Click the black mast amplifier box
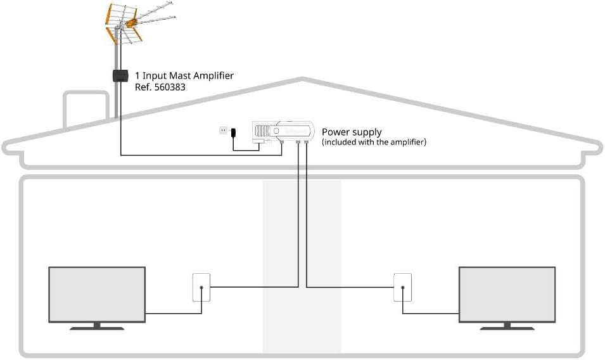120,75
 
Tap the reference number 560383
170,87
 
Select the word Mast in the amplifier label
180,75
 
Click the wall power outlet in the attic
223,131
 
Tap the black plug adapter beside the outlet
233,132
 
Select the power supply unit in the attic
283,132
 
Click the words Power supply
352,132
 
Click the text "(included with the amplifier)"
374,142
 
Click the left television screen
97,295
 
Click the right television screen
507,295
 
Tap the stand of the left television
97,326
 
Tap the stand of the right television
507,326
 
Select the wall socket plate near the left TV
201,288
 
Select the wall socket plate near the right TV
402,288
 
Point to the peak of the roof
303,79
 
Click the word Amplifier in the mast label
213,76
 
